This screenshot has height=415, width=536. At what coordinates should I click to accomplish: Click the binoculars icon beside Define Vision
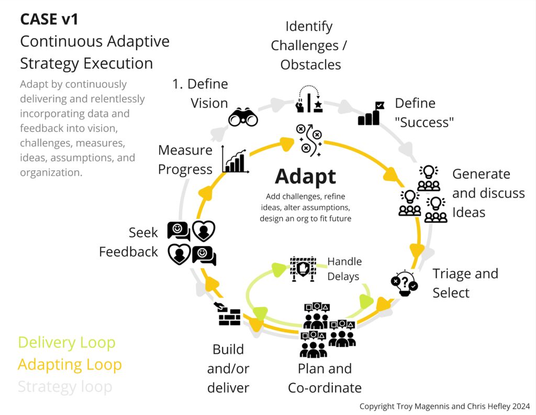[x=243, y=118]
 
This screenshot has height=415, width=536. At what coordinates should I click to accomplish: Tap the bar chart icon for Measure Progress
[x=235, y=159]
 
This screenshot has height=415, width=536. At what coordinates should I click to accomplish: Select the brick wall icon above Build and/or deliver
[x=229, y=315]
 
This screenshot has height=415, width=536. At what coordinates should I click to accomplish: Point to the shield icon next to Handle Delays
[x=303, y=269]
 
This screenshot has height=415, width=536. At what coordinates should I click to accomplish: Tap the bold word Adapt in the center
[x=306, y=177]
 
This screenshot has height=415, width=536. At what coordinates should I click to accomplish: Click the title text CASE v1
[x=49, y=19]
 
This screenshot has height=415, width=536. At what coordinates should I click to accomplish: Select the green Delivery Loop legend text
[x=66, y=343]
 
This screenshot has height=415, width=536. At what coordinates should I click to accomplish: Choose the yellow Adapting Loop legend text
[x=70, y=365]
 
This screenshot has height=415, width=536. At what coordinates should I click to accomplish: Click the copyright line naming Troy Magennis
[x=444, y=406]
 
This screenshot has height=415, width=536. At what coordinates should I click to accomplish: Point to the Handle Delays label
[x=344, y=269]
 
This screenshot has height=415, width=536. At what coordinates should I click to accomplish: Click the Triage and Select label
[x=465, y=283]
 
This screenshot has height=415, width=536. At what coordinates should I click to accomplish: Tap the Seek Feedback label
[x=129, y=242]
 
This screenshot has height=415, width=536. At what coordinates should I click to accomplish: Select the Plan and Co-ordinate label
[x=325, y=378]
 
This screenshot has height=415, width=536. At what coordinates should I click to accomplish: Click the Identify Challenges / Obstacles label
[x=309, y=46]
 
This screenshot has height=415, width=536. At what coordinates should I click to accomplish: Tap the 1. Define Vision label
[x=200, y=93]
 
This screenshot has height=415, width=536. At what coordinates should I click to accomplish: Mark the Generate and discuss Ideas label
[x=488, y=193]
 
